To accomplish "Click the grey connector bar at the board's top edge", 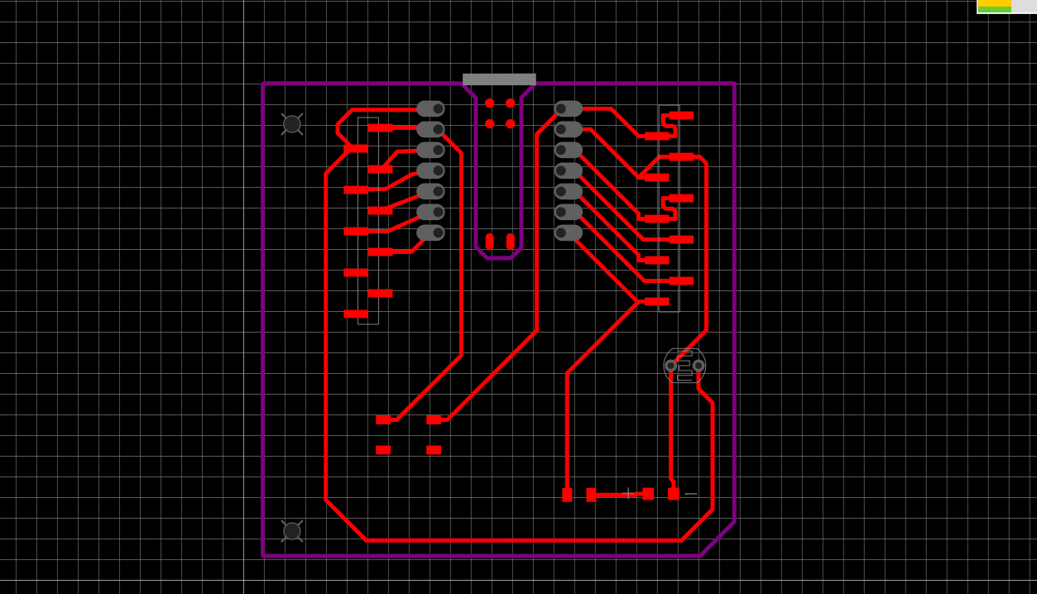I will (x=499, y=79).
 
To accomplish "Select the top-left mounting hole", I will (x=292, y=124).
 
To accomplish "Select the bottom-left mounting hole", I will (x=292, y=531).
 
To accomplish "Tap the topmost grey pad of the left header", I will (x=430, y=108).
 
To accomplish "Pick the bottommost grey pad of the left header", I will (x=430, y=232).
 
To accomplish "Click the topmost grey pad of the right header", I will (x=568, y=108).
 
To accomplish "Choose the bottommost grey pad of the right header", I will (x=568, y=232).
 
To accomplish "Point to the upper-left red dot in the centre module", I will (x=490, y=103).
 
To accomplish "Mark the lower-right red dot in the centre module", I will (x=511, y=124).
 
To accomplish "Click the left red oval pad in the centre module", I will (x=490, y=242).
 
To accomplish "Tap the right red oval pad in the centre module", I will (x=511, y=242).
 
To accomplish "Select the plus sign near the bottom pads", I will (x=628, y=494).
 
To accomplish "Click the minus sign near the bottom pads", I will (x=691, y=494).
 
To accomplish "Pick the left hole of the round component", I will (x=670, y=366).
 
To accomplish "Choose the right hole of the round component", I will (x=699, y=366).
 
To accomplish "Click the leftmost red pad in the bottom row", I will (x=567, y=495).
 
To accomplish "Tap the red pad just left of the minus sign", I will (x=674, y=494).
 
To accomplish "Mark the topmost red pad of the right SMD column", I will (x=681, y=116).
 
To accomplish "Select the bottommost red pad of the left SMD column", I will (x=356, y=314).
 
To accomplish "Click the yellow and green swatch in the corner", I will (x=994, y=7).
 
